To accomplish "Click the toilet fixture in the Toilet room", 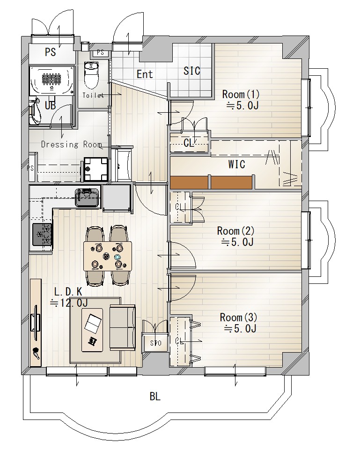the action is pos(91,75).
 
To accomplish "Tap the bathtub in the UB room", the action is pos(51,80).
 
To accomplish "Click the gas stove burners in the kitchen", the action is pos(42,234).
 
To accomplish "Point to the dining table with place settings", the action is pos(108,256).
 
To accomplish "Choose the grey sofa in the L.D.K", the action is pos(123,328).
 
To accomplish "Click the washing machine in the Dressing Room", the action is pos(96,169).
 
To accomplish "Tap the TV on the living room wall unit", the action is pos(36,323).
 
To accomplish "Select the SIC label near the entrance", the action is pos(191,71).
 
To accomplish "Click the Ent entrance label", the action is pos(145,74).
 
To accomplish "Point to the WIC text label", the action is pos(236,164).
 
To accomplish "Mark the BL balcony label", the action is pos(155,397).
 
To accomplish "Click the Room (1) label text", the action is pos(241,94).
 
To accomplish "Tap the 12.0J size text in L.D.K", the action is pos(68,303).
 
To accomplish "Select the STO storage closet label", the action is pos(156,343).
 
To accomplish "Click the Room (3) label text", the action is pos(239,318).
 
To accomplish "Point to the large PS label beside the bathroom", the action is pos(50,52).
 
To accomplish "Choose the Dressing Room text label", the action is pos(72,145).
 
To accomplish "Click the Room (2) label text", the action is pos(235,231).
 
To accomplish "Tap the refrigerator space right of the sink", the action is pos(117,198).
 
